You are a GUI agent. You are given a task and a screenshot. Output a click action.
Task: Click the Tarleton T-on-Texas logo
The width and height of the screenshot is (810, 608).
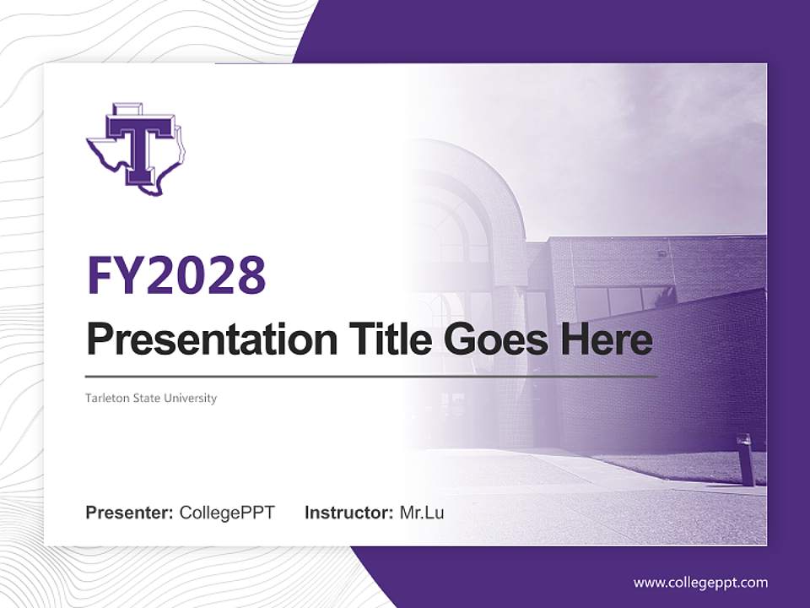click(x=136, y=149)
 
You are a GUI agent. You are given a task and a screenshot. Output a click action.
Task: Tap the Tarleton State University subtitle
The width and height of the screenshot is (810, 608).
click(x=151, y=398)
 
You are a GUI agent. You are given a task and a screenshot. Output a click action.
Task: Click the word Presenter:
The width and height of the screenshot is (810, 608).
click(x=130, y=513)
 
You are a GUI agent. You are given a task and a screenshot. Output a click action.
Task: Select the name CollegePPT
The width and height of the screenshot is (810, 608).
click(x=227, y=513)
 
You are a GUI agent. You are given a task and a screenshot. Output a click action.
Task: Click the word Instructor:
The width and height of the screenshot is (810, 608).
click(x=349, y=513)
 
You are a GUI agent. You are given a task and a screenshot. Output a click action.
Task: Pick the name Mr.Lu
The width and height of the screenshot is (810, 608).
click(x=422, y=513)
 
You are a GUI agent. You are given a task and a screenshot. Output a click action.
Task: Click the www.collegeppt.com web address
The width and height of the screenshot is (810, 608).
click(x=700, y=583)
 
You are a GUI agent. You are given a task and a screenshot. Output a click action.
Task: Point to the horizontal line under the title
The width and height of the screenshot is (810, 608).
click(x=371, y=376)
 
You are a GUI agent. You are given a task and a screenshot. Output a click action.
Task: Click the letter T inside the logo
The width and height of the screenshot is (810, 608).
click(x=139, y=144)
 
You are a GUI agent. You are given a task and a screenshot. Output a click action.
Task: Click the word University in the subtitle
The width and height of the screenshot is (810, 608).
click(x=193, y=398)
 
